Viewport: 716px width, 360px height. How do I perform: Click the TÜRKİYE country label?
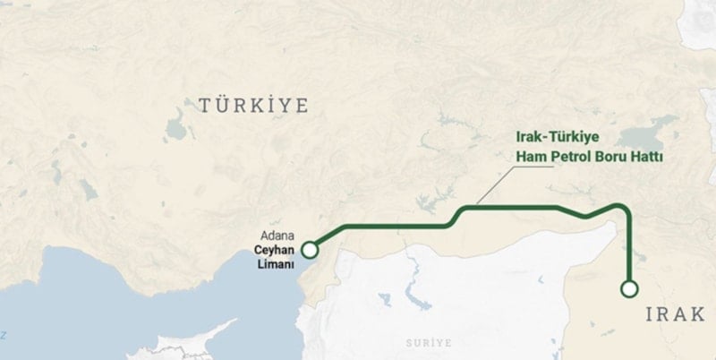(253, 106)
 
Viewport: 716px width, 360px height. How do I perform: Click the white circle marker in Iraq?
(629, 288)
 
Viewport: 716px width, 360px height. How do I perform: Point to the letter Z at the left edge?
(4, 335)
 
